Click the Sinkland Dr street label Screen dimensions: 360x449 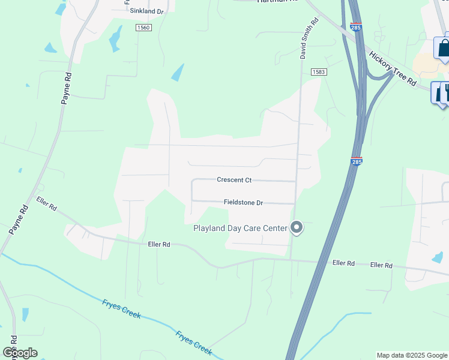[x=146, y=11]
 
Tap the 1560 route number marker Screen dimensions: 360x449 [x=143, y=28]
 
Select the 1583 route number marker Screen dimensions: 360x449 [x=318, y=72]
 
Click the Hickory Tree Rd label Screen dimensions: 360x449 [x=393, y=70]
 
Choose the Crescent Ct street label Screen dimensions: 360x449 [x=234, y=180]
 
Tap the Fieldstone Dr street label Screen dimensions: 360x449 [x=243, y=203]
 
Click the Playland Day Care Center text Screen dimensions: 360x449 [x=240, y=228]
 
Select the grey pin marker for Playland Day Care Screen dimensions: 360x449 [x=296, y=227]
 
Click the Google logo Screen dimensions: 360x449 [x=20, y=353]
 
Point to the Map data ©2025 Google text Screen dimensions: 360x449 [x=412, y=355]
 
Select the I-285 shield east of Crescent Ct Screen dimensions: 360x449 [x=357, y=162]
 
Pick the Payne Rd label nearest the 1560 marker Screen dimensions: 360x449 [x=67, y=89]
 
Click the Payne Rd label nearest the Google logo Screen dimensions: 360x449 [x=18, y=219]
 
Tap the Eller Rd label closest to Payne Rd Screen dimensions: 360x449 [x=46, y=204]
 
